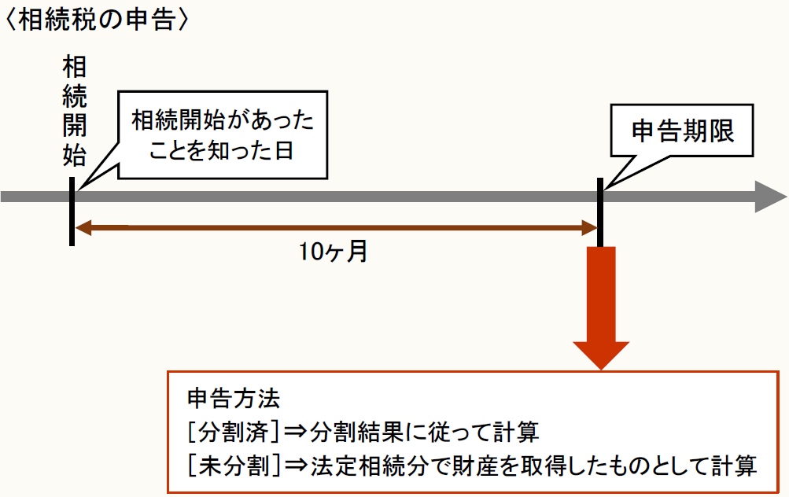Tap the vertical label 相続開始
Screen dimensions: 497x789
click(x=75, y=110)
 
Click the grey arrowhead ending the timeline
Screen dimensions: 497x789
click(x=770, y=196)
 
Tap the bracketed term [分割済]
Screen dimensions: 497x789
click(x=234, y=433)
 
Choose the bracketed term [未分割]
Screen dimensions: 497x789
click(x=234, y=466)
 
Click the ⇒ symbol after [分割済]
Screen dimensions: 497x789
click(x=294, y=433)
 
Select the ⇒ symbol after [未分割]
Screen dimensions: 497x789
click(x=294, y=466)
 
